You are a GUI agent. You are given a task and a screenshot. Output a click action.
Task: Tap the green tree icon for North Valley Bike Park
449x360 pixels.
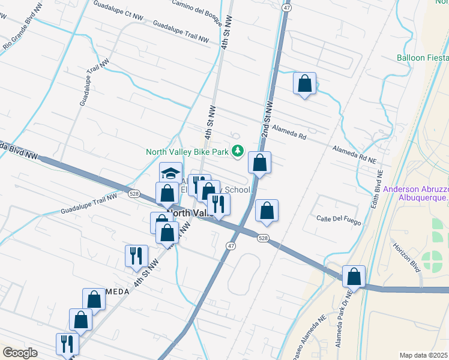pos(238,152)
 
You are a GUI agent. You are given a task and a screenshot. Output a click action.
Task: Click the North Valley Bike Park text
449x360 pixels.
pos(187,152)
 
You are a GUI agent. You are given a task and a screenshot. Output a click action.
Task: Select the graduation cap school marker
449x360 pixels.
pos(170,173)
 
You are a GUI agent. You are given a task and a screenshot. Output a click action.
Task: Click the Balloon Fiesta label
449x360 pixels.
pos(423,58)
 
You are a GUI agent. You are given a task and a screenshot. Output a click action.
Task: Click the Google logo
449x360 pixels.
pos(20,353)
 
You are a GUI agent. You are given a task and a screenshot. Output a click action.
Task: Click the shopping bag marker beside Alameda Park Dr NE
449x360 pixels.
pos(354,277)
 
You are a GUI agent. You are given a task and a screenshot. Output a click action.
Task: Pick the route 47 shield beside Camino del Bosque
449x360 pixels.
pos(287,8)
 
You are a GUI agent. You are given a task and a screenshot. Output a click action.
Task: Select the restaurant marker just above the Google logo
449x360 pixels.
pos(67,344)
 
